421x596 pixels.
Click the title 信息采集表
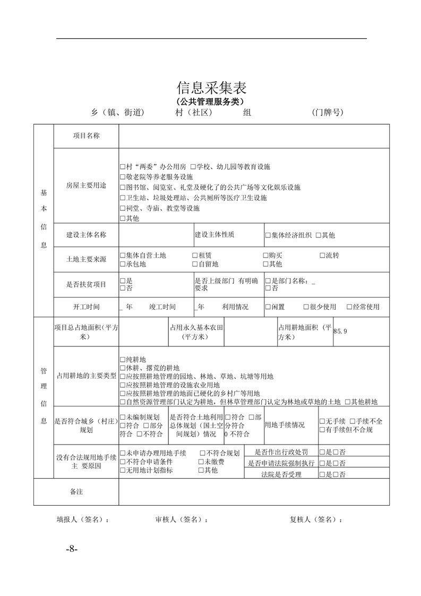tap(211, 88)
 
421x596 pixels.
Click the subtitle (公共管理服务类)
tap(211, 101)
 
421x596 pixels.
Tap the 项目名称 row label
tap(86, 136)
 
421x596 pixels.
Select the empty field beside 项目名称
tap(254, 136)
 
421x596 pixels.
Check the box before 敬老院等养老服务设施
tap(123, 177)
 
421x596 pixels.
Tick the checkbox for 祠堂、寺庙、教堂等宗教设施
tap(123, 209)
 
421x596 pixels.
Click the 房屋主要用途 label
tap(86, 186)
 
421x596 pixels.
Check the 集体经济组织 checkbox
tap(268, 235)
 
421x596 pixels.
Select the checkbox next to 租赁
tap(195, 256)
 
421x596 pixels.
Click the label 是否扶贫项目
tap(86, 284)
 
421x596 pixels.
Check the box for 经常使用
tap(349, 307)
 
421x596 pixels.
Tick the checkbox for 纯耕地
tap(123, 360)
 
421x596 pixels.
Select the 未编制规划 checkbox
tap(123, 417)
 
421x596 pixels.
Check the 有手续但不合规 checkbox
tap(322, 429)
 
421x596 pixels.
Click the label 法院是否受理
tap(281, 474)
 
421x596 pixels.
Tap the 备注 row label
tap(76, 492)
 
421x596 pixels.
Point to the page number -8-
tap(72, 548)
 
